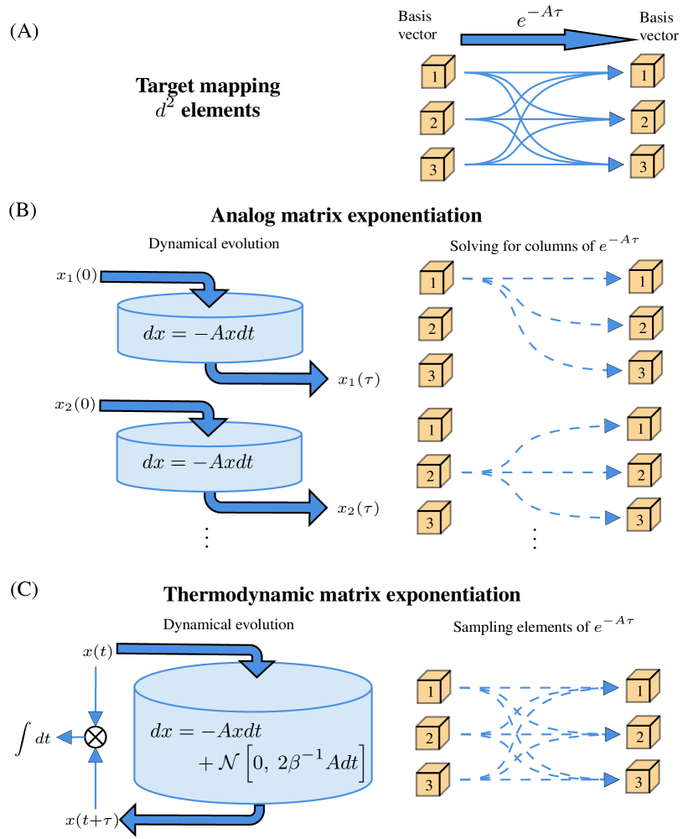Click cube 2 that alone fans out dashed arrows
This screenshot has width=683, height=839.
coord(433,473)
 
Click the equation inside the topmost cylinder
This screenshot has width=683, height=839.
coord(199,333)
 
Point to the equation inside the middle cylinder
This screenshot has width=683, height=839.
coord(198,462)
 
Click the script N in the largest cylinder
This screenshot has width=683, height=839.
coord(230,764)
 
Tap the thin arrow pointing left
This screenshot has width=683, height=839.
coord(70,737)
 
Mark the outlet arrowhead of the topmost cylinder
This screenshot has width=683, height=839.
coord(318,378)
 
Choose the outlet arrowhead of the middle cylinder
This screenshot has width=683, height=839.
coord(318,508)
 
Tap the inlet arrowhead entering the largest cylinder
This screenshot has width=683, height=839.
coord(256,668)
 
